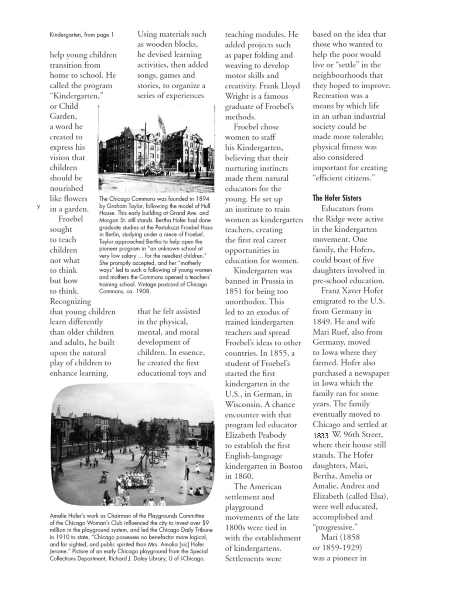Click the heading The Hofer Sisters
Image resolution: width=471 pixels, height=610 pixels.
337,198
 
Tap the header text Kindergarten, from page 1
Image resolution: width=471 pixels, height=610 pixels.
82,35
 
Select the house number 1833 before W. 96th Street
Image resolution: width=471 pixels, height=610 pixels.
321,436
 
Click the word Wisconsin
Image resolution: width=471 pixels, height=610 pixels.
242,404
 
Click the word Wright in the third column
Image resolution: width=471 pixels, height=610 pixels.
237,96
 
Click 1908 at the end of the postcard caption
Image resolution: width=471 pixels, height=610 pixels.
144,291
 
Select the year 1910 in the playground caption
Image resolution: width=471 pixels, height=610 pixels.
57,537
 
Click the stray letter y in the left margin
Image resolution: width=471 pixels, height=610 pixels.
38,207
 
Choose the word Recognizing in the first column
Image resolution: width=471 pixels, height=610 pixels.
70,301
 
